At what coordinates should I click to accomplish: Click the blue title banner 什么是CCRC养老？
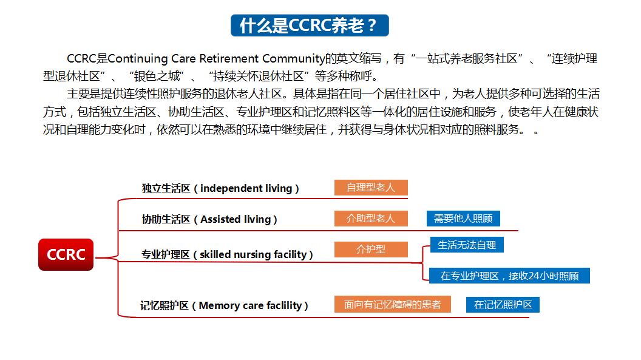coord(310,25)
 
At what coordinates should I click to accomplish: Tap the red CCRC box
coord(66,254)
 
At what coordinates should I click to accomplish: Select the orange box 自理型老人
coord(371,188)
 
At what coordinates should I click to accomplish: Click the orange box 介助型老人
coord(371,219)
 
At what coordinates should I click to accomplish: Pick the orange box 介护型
coord(371,250)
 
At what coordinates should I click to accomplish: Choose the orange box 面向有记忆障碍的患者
coord(393,304)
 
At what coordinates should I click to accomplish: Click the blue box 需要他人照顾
coord(463,219)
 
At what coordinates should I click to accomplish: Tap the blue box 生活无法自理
coord(467,245)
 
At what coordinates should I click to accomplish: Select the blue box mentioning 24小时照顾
coord(509,276)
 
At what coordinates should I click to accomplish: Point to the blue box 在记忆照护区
coord(503,305)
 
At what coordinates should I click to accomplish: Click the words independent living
coord(246,188)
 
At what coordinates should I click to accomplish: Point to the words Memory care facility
coord(250,305)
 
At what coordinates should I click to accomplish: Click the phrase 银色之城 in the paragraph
coord(157,76)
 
